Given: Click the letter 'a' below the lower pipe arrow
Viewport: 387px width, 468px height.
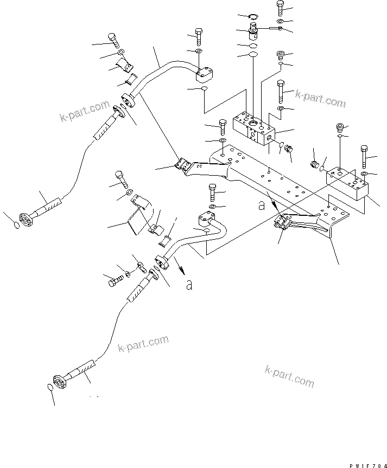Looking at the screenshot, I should click(x=188, y=285).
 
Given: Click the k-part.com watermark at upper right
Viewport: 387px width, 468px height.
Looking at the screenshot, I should click(x=320, y=99).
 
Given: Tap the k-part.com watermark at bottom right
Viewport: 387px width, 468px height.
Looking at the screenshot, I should click(x=290, y=374).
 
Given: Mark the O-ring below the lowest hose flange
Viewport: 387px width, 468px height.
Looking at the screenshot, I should click(x=48, y=387).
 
